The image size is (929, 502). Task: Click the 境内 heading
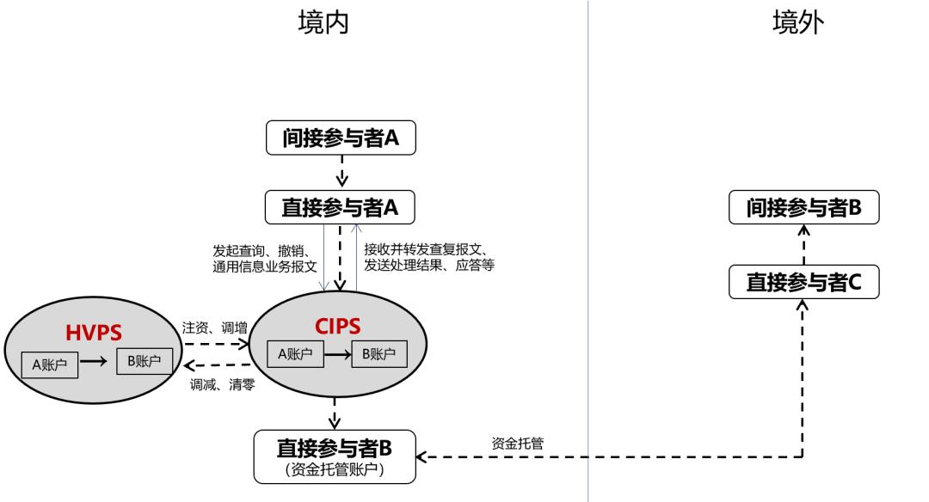coord(323,24)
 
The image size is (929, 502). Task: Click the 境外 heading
coord(797,24)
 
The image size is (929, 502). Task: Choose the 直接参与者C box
coord(803,282)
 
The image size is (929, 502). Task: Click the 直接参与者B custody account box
coord(335,456)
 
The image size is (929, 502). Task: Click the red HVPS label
coord(92,331)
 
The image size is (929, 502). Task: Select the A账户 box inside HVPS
coord(50,364)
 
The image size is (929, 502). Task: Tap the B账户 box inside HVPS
coord(145,362)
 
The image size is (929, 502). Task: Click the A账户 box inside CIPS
coord(295,353)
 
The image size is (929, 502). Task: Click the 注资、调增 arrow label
coord(214,328)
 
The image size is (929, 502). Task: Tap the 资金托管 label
coord(517,443)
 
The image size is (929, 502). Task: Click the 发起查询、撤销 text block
coord(265,258)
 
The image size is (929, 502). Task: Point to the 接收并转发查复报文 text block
coord(428,257)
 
